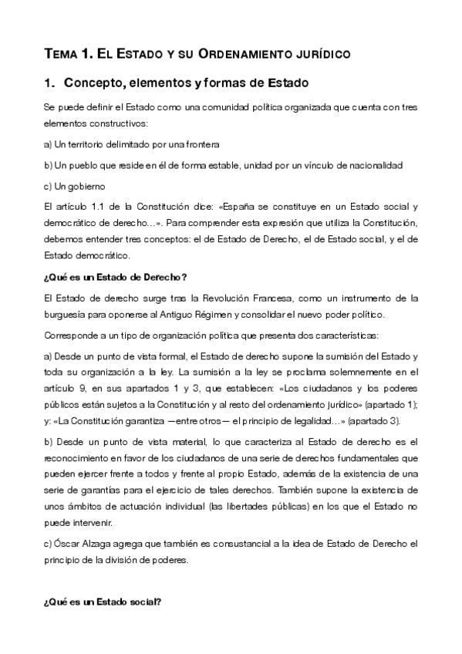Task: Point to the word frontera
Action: point(201,144)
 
